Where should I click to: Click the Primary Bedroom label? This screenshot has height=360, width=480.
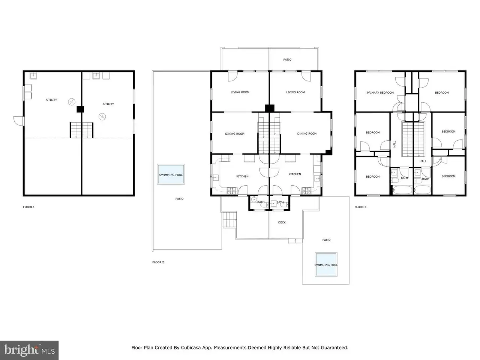click(x=380, y=93)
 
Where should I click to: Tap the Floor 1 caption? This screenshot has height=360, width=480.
click(x=29, y=207)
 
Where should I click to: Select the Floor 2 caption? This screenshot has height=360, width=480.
click(x=158, y=262)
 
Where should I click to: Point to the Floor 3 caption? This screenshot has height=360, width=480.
click(x=360, y=207)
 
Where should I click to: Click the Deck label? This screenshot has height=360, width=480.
click(x=282, y=222)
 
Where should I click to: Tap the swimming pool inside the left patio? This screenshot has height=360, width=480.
click(x=171, y=174)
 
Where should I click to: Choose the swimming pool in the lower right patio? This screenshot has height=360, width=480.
click(x=326, y=264)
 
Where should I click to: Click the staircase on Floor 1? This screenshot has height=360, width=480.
click(x=82, y=130)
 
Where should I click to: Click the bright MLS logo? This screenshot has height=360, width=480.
click(x=29, y=350)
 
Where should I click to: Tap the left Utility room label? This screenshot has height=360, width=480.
click(x=51, y=100)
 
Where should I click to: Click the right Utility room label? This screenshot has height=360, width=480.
click(x=108, y=104)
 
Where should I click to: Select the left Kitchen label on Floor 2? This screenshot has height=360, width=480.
click(x=242, y=176)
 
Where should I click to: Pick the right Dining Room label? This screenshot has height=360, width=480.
click(x=307, y=133)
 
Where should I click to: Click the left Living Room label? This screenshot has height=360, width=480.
click(x=240, y=92)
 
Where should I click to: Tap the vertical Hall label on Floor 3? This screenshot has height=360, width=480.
click(x=394, y=144)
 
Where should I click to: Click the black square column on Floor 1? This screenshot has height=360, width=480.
click(x=80, y=109)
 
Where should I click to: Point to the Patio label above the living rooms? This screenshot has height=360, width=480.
click(x=287, y=60)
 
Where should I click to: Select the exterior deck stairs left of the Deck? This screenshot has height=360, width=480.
click(x=229, y=219)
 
